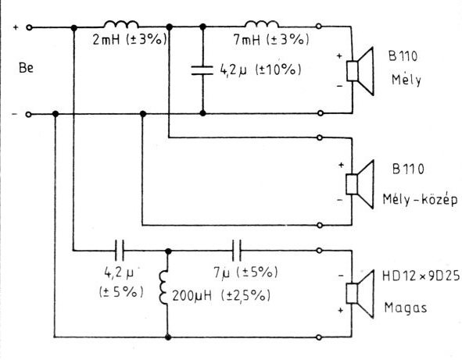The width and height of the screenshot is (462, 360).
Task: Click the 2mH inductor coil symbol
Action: point(121,24)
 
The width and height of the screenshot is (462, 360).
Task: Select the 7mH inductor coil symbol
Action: point(262,24)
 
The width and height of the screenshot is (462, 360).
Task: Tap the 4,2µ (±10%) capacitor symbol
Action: point(202,70)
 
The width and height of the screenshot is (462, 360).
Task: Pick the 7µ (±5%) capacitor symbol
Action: point(237,251)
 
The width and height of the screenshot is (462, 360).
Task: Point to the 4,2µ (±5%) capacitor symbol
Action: point(120,251)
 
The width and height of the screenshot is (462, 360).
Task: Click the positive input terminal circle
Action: point(29,27)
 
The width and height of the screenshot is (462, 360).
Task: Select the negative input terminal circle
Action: point(28,114)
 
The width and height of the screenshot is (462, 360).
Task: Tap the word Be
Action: point(26,68)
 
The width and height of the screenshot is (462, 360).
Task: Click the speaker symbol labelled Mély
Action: point(360,71)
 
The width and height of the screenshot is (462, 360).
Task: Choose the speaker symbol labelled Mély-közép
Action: point(360,184)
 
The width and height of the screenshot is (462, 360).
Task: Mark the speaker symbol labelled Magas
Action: point(360,294)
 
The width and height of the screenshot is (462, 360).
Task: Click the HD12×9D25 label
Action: point(421,276)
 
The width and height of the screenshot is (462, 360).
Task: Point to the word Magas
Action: point(406,308)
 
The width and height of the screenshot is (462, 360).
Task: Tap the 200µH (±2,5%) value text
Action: point(221,295)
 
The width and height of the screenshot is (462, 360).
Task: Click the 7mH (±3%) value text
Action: point(271,39)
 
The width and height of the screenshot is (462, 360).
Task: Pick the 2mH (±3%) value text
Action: point(130,39)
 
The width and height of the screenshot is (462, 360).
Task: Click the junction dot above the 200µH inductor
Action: point(168,251)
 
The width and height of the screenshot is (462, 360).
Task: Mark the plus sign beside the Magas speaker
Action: point(341,310)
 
